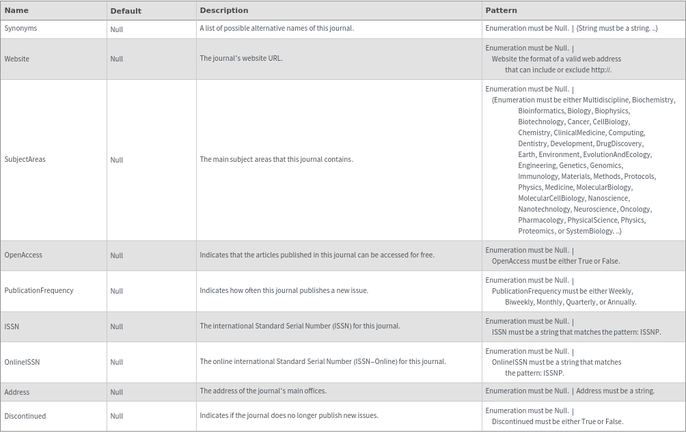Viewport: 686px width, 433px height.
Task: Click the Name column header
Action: click(x=16, y=10)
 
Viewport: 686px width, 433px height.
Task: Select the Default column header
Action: click(x=126, y=11)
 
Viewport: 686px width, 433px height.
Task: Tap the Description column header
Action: click(x=224, y=10)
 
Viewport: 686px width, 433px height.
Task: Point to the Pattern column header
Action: click(x=501, y=10)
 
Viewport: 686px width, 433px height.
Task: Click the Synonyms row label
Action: click(x=20, y=29)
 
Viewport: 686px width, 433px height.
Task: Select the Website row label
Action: click(x=17, y=59)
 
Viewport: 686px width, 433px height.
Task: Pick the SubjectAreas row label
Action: click(x=25, y=160)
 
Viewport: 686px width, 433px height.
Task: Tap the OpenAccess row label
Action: click(x=23, y=255)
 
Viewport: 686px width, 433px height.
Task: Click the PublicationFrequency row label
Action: click(x=39, y=291)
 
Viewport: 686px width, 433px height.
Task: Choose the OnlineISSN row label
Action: click(x=22, y=362)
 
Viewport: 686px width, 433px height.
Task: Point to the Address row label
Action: click(x=17, y=392)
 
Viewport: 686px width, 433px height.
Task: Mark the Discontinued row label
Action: click(x=25, y=416)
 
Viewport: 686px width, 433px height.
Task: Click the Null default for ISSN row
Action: click(x=117, y=326)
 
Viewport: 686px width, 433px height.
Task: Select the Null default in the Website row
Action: click(x=117, y=59)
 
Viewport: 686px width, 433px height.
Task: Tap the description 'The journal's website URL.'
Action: click(x=241, y=59)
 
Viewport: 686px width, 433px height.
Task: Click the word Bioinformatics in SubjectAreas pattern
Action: click(x=540, y=111)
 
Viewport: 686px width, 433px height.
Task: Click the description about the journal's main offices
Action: click(x=263, y=391)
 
